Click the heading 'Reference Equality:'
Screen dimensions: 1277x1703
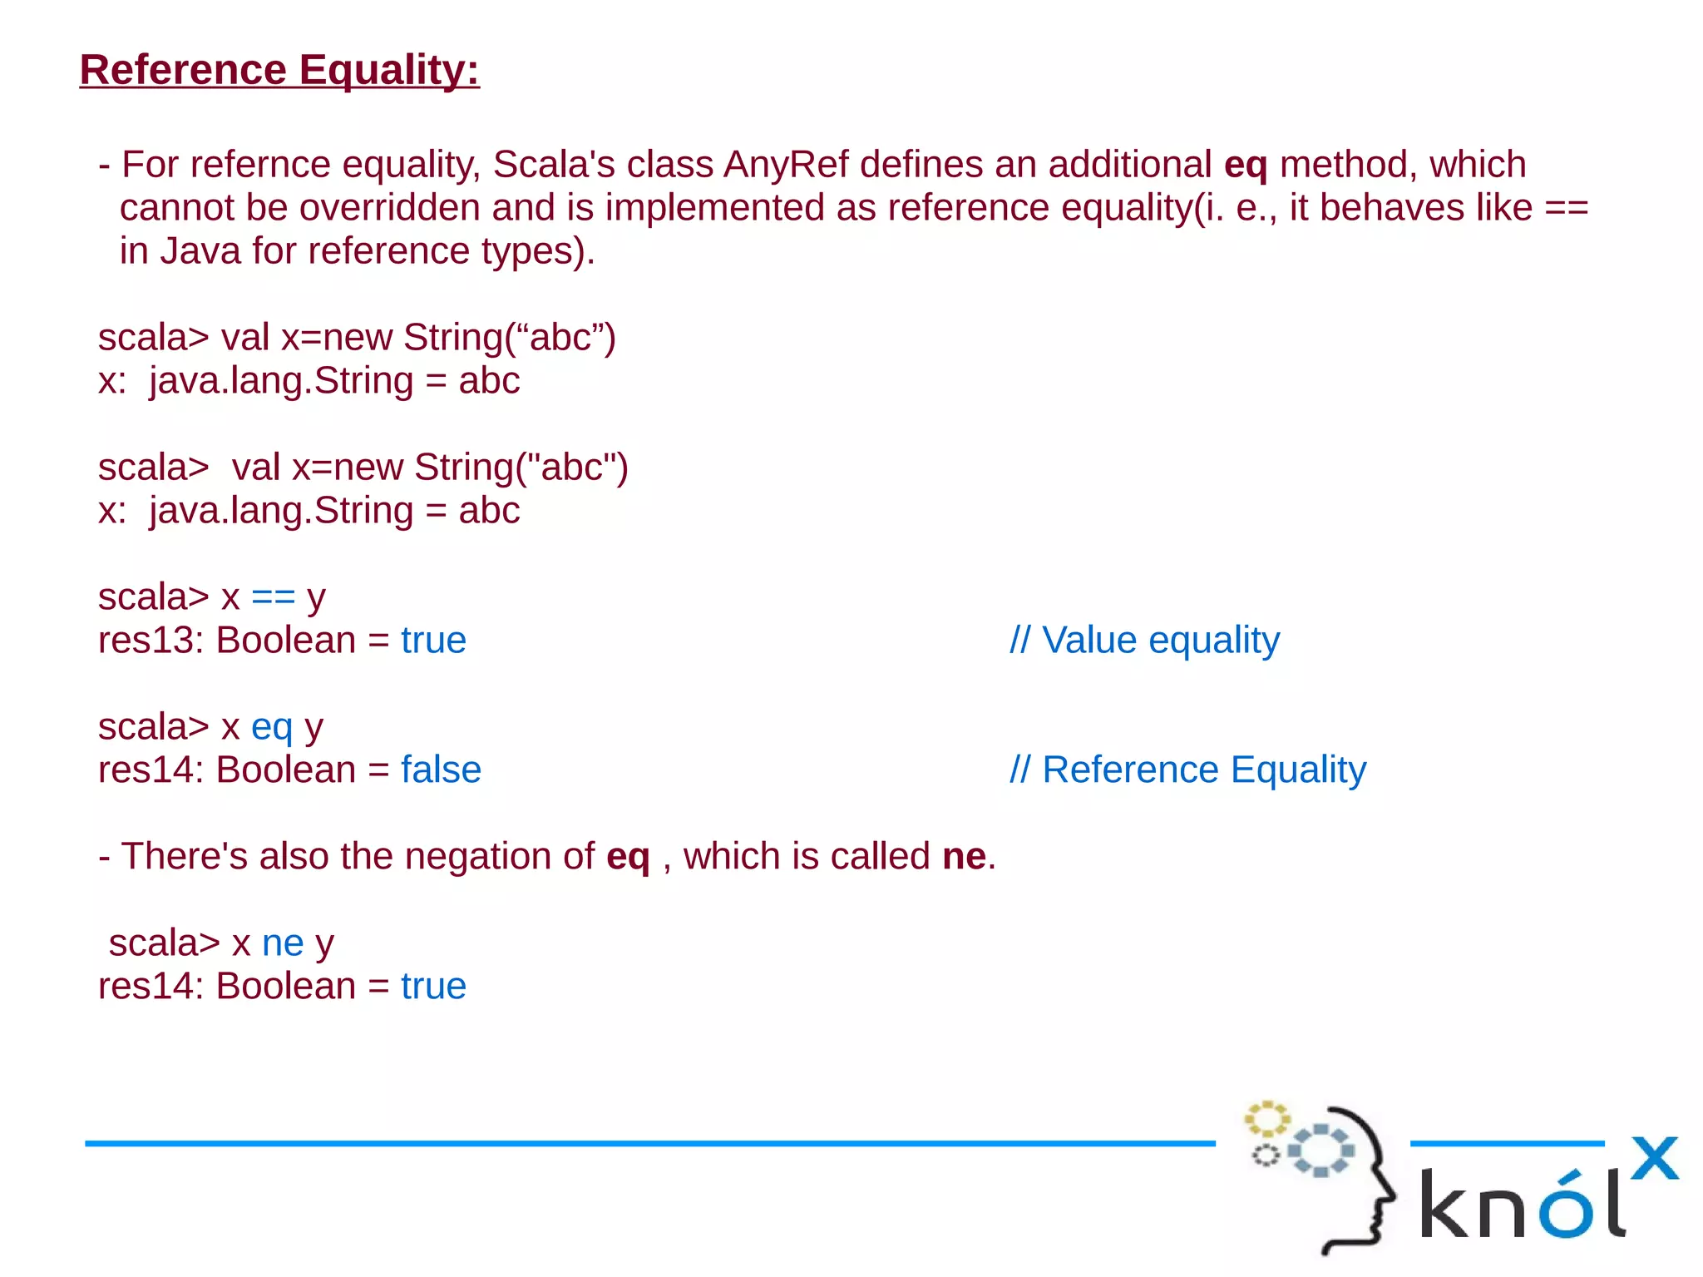pyautogui.click(x=279, y=70)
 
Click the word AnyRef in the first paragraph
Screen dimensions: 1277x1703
pyautogui.click(x=786, y=165)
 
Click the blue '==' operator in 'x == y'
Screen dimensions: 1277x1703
pyautogui.click(x=273, y=597)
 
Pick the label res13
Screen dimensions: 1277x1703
pyautogui.click(x=151, y=641)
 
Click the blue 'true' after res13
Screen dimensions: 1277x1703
pyautogui.click(x=433, y=641)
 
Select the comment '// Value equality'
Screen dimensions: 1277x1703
pyautogui.click(x=1144, y=641)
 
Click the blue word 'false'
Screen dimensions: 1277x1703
pyautogui.click(x=441, y=770)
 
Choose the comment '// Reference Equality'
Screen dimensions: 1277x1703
pyautogui.click(x=1187, y=770)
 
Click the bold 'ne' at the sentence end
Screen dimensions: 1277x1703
pyautogui.click(x=964, y=857)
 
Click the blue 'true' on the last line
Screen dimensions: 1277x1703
pyautogui.click(x=433, y=987)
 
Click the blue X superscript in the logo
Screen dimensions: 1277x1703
pyautogui.click(x=1655, y=1158)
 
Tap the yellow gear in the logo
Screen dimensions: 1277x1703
pyautogui.click(x=1266, y=1119)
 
